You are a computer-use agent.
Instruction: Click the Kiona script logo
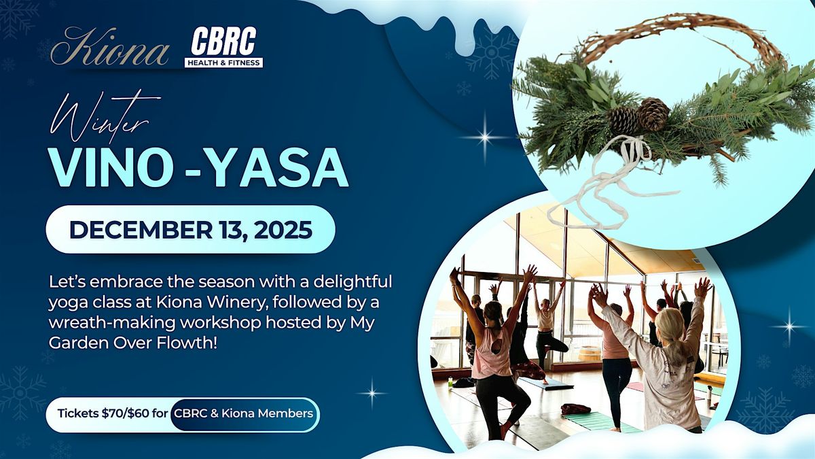(x=111, y=50)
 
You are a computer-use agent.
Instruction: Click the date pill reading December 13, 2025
(x=190, y=229)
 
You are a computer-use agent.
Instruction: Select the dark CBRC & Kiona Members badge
(x=243, y=413)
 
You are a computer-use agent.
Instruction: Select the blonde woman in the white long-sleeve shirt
(x=662, y=367)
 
